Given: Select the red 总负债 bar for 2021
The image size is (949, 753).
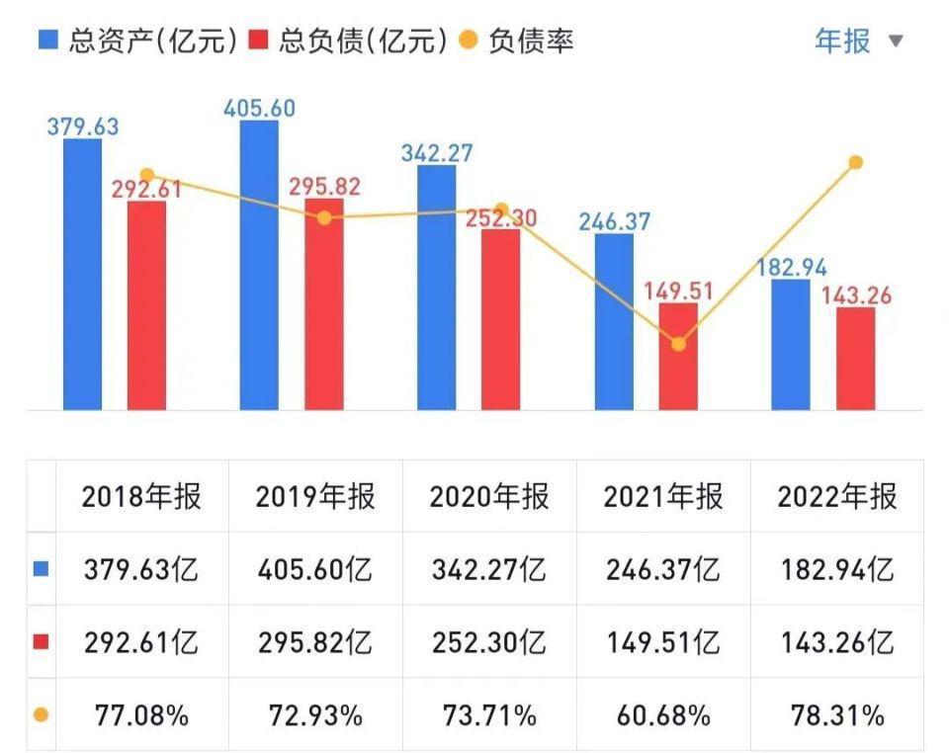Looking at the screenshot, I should [678, 356].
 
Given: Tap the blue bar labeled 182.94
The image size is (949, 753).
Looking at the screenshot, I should [791, 344].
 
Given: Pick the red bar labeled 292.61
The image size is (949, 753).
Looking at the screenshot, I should [147, 304].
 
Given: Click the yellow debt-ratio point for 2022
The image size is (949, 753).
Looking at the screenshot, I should [856, 162].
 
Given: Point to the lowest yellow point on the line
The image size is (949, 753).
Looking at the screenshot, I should [678, 344].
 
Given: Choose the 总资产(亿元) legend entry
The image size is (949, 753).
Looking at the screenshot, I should [138, 41].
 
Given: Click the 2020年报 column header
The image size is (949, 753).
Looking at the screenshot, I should [489, 496].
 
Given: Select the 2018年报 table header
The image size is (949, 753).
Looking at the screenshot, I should [141, 496].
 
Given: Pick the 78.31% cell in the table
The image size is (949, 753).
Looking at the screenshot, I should [837, 715].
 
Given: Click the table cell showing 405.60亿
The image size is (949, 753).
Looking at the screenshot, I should [315, 569].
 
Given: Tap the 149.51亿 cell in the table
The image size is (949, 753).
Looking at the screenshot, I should [663, 642].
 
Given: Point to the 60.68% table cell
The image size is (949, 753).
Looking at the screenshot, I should [663, 715].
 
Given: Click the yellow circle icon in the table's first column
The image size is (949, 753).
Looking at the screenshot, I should [41, 715].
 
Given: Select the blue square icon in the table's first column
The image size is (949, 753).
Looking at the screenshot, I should [41, 569].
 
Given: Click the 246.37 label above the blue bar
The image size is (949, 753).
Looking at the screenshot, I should [615, 221].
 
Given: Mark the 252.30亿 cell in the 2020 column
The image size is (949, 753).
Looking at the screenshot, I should [489, 642].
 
